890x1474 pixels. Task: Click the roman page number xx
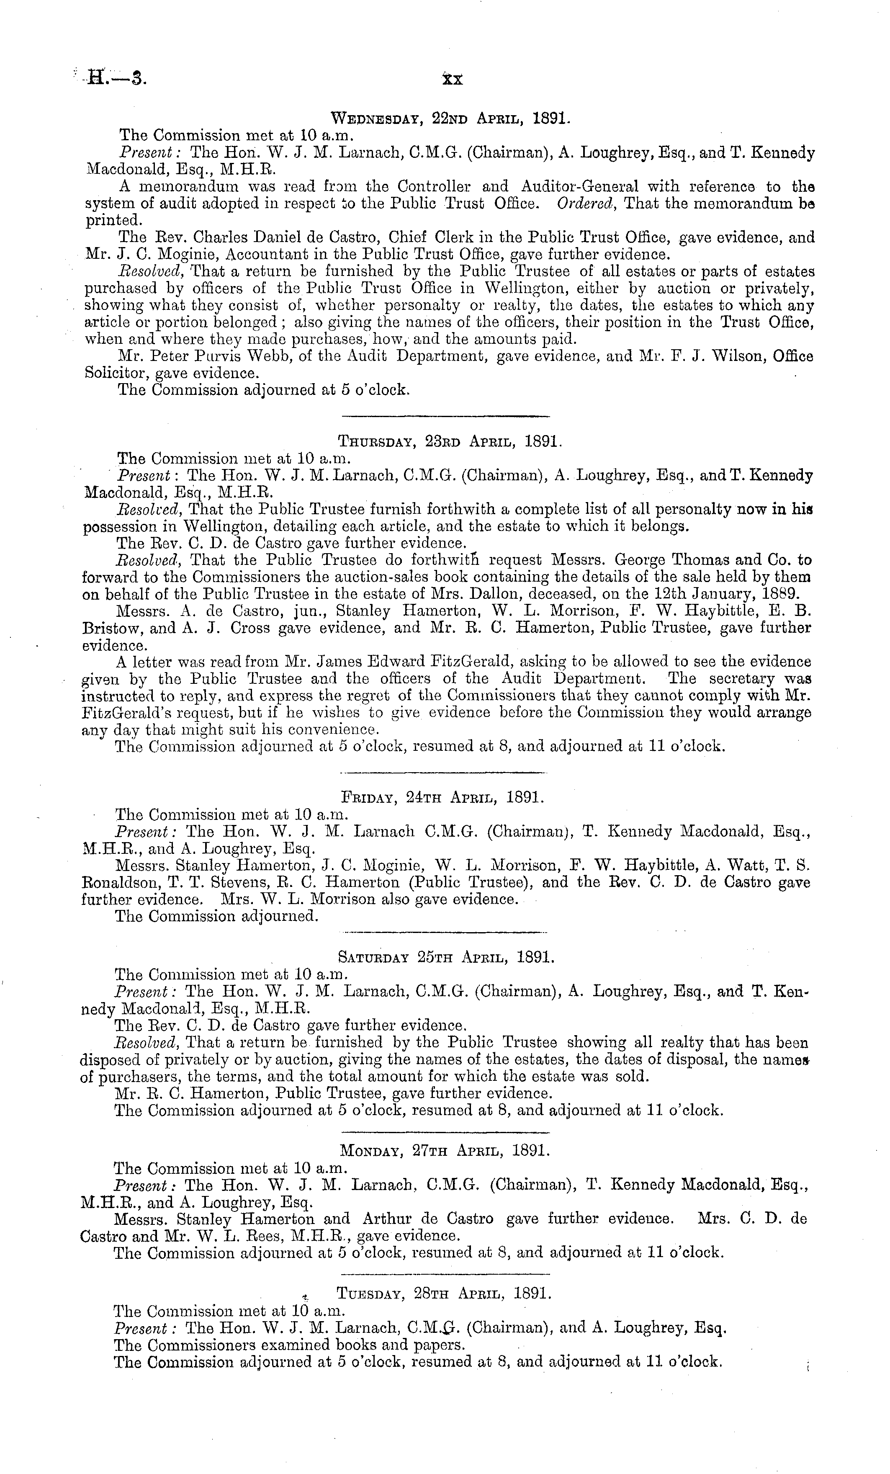[x=452, y=79]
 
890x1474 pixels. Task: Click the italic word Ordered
[x=585, y=204]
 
